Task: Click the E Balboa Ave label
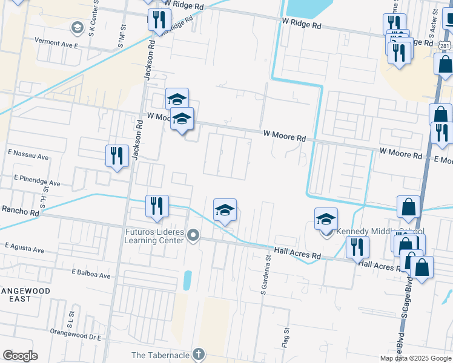pos(91,275)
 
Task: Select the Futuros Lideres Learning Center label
pos(154,236)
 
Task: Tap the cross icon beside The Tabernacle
pos(199,354)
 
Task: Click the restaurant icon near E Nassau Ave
pos(116,155)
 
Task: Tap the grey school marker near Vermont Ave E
pos(77,27)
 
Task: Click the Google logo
pos(20,355)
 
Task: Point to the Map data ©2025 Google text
pos(415,358)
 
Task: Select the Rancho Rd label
pos(20,212)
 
